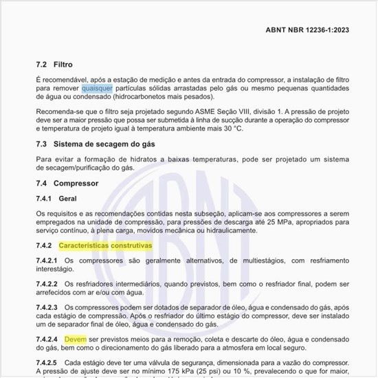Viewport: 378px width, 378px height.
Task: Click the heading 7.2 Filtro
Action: coord(54,64)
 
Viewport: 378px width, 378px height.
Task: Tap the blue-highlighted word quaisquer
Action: coord(97,89)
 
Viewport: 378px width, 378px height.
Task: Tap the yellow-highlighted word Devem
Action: coord(76,340)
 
